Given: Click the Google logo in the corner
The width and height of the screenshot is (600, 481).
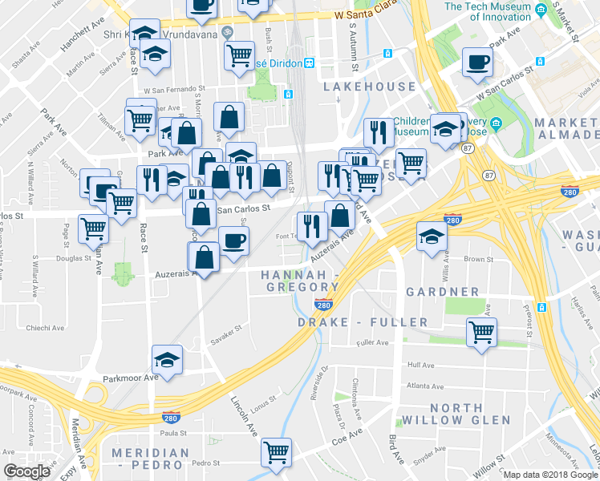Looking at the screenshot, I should [x=26, y=471].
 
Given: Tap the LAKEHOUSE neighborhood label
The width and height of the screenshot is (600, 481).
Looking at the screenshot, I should [x=370, y=87].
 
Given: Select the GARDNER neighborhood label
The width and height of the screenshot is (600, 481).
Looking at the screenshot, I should [x=442, y=292].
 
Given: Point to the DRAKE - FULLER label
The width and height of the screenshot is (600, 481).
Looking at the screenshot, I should [x=363, y=322].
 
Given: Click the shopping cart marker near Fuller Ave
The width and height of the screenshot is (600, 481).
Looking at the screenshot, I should [x=481, y=332].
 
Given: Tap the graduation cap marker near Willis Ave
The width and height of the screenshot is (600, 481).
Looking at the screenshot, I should [x=432, y=236].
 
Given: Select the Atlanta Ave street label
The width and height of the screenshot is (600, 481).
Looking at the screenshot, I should [x=424, y=386].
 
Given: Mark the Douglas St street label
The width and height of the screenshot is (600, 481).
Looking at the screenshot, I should [x=75, y=259].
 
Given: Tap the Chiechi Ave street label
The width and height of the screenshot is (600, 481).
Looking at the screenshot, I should [x=46, y=328].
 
